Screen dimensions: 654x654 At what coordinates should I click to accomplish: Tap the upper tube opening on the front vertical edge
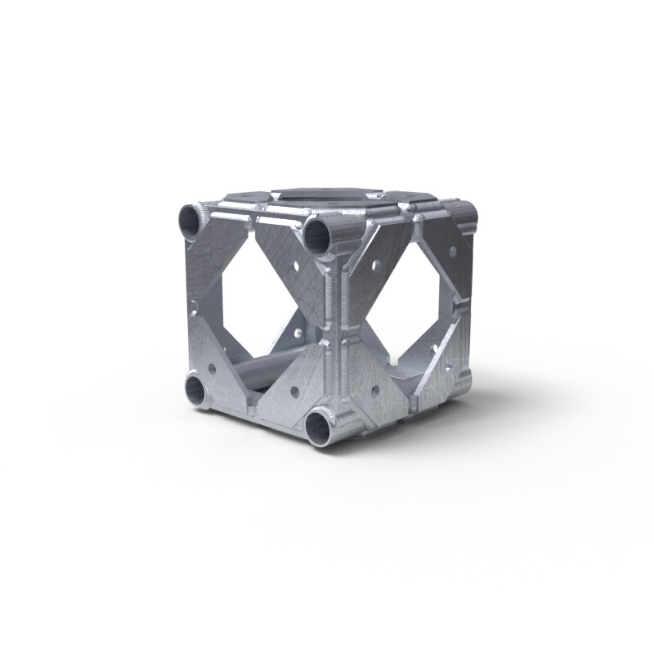pos(316,235)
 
